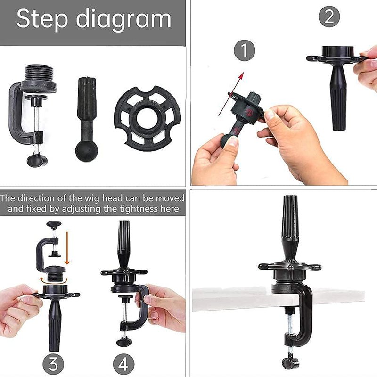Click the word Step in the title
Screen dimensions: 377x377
[42, 19]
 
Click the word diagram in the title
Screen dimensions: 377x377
[123, 19]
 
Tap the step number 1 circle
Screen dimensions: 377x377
[244, 50]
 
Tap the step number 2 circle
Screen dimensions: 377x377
[329, 16]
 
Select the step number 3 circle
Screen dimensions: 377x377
[53, 363]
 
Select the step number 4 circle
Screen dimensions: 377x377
[123, 363]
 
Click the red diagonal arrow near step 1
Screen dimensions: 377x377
[231, 94]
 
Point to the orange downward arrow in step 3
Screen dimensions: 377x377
[67, 248]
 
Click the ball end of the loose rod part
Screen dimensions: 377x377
[87, 151]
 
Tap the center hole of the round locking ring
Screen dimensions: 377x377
[147, 118]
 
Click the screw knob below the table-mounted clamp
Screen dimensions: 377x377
[290, 363]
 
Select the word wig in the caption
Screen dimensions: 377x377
[92, 198]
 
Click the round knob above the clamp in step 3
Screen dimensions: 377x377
[54, 224]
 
